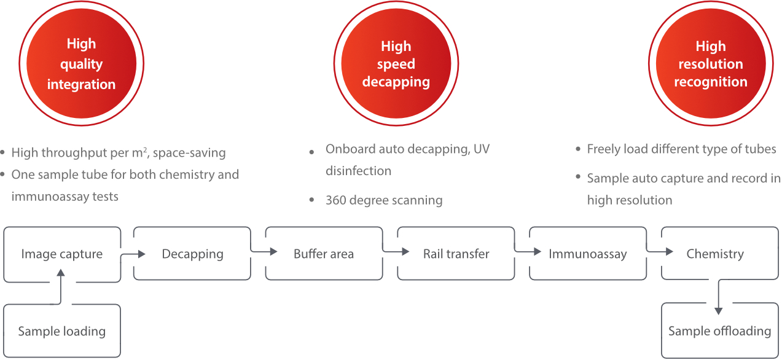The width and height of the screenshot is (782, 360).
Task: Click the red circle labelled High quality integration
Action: click(82, 64)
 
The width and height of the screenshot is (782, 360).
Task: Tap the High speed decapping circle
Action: click(396, 64)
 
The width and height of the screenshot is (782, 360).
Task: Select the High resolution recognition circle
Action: click(711, 64)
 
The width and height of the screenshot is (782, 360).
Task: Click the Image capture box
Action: click(62, 254)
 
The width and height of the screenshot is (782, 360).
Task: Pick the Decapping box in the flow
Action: click(192, 254)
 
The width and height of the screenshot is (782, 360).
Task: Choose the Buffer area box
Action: click(324, 254)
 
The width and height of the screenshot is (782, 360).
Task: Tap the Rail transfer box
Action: click(456, 254)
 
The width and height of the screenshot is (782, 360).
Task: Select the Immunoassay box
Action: click(588, 254)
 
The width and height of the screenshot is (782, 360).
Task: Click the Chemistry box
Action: click(715, 254)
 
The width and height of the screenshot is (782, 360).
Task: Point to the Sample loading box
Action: click(62, 331)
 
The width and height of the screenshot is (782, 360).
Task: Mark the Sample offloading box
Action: click(719, 331)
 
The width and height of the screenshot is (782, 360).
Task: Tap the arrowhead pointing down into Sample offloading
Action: click(718, 311)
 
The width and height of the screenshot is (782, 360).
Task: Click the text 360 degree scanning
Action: click(384, 200)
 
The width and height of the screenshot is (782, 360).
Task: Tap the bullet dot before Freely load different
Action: click(578, 149)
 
